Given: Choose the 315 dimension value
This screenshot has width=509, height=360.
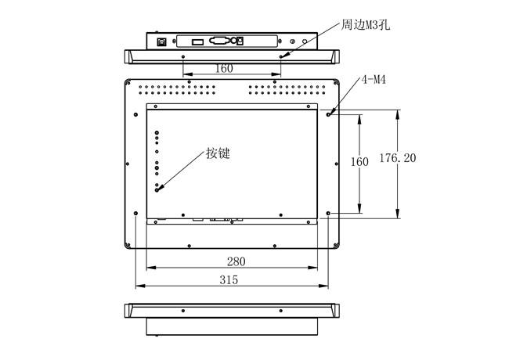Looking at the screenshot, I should pos(229,279).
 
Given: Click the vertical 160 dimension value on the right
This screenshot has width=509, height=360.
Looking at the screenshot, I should pos(359,162).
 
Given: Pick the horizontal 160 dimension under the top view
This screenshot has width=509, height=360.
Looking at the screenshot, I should pos(223,68).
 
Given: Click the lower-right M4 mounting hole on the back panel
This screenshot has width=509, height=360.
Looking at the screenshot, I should pos(329,213).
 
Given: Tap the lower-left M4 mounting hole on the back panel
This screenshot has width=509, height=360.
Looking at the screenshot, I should pos(136,213).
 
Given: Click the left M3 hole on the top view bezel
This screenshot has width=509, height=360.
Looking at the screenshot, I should pos(182,57).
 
